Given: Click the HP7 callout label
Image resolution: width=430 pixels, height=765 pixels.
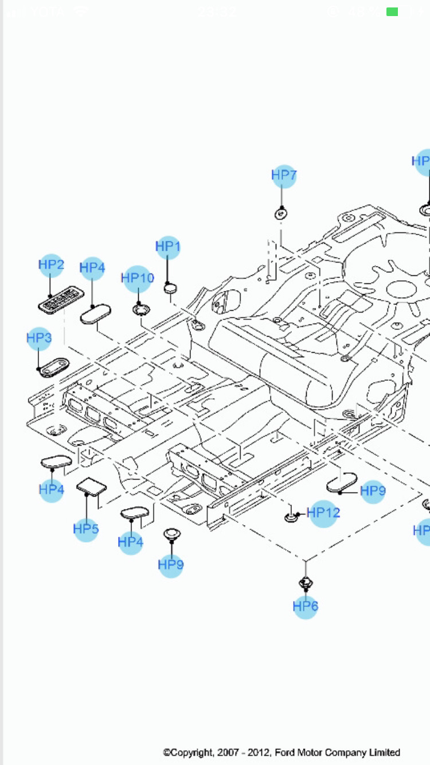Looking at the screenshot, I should tap(284, 175).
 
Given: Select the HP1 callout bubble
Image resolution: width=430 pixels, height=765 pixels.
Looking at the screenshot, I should tap(168, 247).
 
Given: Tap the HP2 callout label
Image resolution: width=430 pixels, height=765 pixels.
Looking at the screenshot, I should tap(51, 265).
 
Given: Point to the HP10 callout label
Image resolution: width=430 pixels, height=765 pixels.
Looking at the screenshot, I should tap(138, 279).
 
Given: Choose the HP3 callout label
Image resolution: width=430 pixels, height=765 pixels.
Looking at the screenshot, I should tap(39, 338).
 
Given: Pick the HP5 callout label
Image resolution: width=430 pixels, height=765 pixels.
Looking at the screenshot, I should tap(86, 529).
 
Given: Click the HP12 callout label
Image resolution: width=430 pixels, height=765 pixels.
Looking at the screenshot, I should tap(323, 513).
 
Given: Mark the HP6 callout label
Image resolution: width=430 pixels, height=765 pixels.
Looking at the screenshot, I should tap(305, 606).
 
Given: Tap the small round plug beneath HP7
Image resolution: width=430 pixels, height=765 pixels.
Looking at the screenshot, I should tap(281, 213).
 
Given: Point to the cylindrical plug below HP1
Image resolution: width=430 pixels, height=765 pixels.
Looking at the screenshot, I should tap(170, 287).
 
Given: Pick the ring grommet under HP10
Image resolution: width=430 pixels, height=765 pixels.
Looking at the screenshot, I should tap(140, 310).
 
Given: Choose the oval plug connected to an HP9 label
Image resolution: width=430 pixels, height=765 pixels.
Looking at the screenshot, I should tap(342, 484).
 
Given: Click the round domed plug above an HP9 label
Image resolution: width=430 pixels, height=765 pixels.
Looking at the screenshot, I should tap(171, 534).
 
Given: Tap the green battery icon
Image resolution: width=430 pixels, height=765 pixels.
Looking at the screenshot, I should tap(392, 11).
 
